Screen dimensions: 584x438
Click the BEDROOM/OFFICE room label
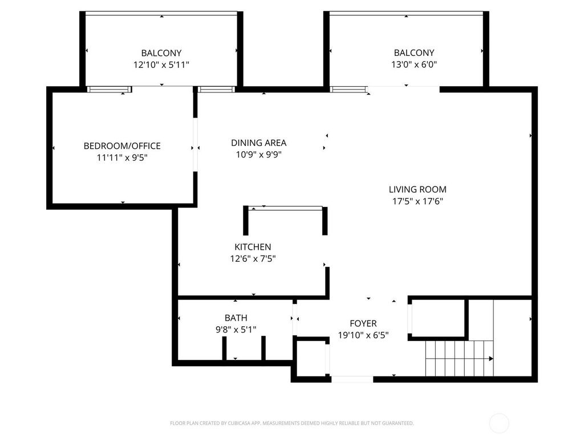tap(122, 145)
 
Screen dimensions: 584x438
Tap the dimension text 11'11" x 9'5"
tap(122, 157)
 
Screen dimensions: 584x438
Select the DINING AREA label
tap(258, 143)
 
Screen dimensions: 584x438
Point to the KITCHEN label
tap(253, 246)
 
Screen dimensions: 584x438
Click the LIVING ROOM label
tap(417, 189)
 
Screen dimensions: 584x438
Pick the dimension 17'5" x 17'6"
tap(417, 201)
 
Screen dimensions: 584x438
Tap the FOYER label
tap(363, 323)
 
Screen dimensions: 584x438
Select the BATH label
tap(236, 318)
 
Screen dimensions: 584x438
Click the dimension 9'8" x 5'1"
tap(236, 329)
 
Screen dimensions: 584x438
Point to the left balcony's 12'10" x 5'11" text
tap(161, 65)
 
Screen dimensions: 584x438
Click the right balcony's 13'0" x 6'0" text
tap(414, 64)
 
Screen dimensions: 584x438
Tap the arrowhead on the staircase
tap(491, 359)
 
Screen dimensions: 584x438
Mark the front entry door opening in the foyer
tap(352, 379)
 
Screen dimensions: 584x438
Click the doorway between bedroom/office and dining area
tap(195, 145)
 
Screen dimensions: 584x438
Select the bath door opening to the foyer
tap(295, 319)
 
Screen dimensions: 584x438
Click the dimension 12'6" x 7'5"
tap(253, 258)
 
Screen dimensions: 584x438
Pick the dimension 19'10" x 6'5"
tap(363, 335)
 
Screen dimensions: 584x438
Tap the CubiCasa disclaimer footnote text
tap(291, 423)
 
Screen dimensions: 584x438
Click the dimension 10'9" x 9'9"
tap(258, 154)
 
